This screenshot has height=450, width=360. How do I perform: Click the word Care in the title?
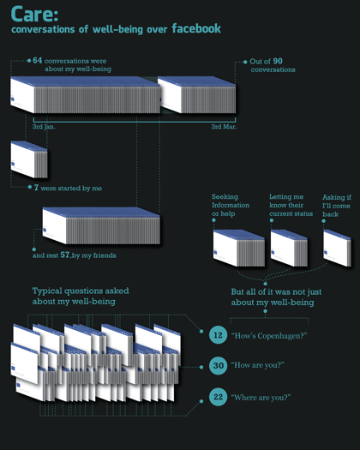tap(32, 15)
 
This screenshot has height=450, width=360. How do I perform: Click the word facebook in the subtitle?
tap(196, 28)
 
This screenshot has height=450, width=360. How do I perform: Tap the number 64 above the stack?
tap(38, 60)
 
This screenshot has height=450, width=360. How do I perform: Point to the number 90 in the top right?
tap(278, 61)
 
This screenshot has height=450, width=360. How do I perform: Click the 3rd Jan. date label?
tap(44, 127)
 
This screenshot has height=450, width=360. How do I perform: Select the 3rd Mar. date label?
tap(224, 127)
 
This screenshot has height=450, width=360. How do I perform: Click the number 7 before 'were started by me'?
tap(36, 188)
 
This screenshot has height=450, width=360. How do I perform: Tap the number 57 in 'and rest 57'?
tap(65, 255)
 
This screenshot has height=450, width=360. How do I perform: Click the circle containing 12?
tap(219, 334)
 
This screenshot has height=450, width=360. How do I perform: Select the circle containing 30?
tap(219, 365)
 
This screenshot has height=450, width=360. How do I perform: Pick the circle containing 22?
tap(219, 397)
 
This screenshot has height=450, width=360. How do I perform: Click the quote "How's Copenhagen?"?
tap(269, 335)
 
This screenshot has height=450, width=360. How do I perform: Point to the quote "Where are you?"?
tap(261, 398)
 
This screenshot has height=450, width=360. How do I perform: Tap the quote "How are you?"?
tap(257, 365)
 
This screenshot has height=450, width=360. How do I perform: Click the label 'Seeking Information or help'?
tap(231, 205)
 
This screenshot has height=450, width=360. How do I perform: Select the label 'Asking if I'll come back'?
tap(337, 206)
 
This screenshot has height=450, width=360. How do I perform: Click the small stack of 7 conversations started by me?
tap(29, 159)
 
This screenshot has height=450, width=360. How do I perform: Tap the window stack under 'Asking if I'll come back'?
tap(337, 248)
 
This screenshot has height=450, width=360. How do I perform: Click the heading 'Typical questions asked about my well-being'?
tap(81, 297)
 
